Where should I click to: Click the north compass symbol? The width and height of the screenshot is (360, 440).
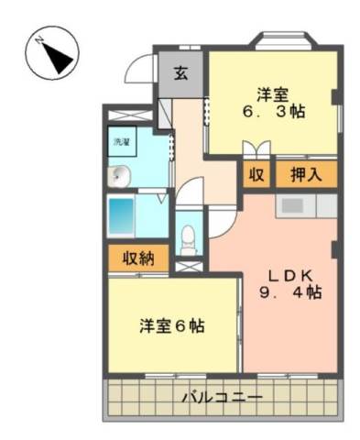(x=52, y=53)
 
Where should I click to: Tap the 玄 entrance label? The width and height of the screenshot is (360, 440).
(x=180, y=72)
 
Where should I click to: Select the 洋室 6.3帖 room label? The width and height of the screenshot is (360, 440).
(x=273, y=103)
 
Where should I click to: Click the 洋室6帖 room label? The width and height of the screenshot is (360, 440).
(x=172, y=326)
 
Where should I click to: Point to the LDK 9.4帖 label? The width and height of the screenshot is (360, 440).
(x=290, y=284)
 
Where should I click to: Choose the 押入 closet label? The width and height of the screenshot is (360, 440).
(x=306, y=175)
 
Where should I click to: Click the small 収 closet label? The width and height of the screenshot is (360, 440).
(x=256, y=175)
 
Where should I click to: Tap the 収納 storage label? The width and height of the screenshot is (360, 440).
(x=138, y=258)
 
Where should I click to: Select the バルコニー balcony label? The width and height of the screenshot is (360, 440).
(x=223, y=398)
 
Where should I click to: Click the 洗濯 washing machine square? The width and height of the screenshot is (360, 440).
(x=122, y=141)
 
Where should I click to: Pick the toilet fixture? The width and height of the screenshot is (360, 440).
(x=188, y=240)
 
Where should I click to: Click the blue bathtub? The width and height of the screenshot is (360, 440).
(x=122, y=216)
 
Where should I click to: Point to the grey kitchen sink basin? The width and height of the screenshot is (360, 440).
(x=292, y=206)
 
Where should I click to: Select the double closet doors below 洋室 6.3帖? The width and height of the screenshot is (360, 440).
(x=256, y=148)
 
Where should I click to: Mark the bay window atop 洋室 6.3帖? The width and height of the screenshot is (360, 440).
(x=283, y=40)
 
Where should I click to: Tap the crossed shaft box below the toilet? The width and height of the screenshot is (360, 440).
(x=189, y=266)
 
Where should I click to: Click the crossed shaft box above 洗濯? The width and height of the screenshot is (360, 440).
(x=130, y=115)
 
